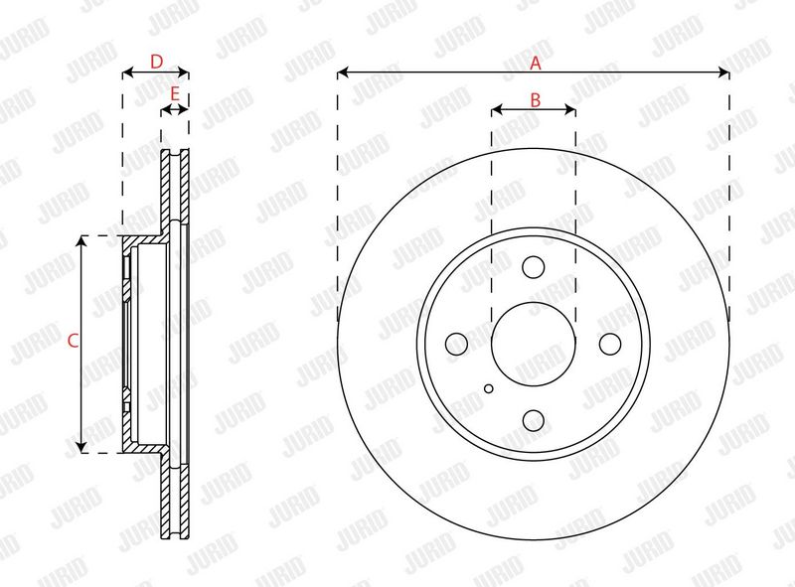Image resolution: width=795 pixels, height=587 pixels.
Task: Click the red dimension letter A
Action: click(x=536, y=64)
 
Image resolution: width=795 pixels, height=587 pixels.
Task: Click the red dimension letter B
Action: click(x=536, y=100)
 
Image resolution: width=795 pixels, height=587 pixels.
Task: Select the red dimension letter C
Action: click(x=73, y=341)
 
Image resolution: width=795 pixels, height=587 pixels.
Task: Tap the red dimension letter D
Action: click(x=157, y=62)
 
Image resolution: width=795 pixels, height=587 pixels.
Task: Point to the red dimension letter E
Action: click(x=175, y=93)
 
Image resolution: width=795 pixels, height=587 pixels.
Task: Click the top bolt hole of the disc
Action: click(x=534, y=266)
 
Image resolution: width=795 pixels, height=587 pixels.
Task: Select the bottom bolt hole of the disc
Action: click(x=534, y=420)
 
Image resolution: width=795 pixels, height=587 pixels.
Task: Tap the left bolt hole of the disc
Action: click(x=456, y=344)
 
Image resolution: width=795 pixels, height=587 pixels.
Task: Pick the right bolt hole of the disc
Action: click(x=610, y=344)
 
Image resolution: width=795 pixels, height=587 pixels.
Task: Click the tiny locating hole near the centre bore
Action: click(x=489, y=388)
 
